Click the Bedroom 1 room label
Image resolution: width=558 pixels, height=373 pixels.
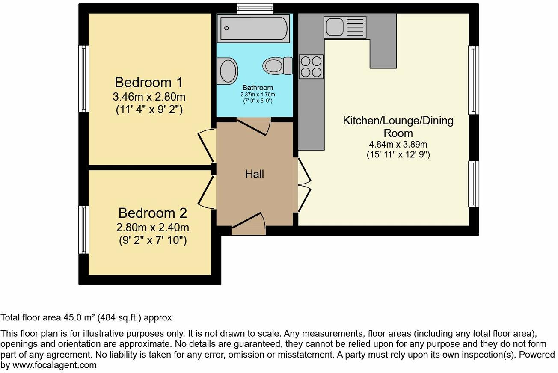coord(149,82)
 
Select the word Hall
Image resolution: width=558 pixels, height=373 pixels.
coord(254,174)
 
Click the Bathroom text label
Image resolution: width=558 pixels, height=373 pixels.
coord(257,88)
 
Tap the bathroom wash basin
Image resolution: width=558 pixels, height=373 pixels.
coord(228,71)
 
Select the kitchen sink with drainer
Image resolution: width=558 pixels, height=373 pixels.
coord(345,27)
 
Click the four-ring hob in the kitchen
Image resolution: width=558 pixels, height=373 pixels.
coord(311,67)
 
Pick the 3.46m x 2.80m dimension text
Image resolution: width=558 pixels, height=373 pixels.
coord(149,96)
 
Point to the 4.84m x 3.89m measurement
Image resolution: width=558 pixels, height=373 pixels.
coord(398,145)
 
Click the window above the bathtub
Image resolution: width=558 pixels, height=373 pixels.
coord(255,8)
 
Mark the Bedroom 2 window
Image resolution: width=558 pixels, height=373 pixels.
coord(83,230)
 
